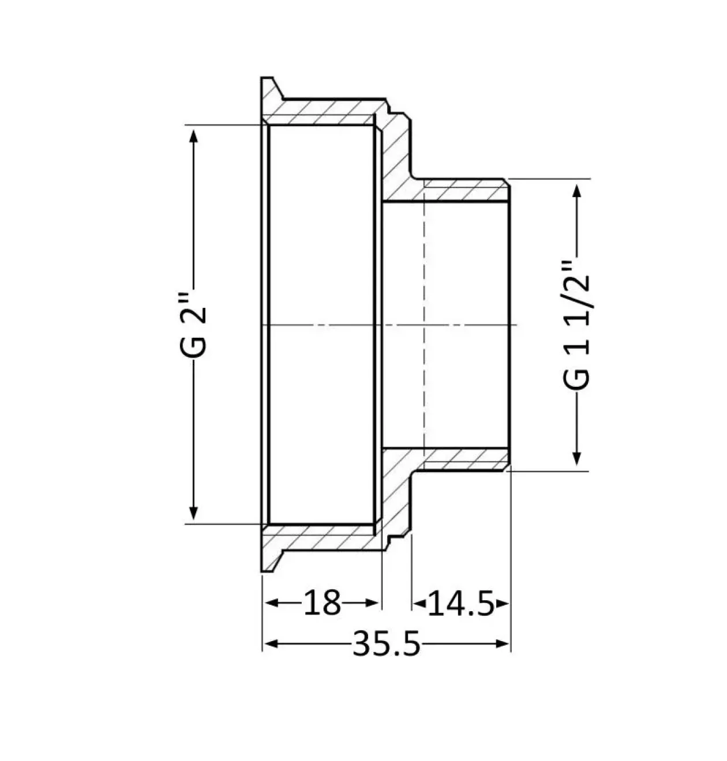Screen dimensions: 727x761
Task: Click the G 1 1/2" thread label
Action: tap(576, 325)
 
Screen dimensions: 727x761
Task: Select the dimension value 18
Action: tap(321, 602)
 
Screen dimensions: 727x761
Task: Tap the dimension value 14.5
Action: tap(461, 602)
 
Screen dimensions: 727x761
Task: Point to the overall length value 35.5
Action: tap(387, 644)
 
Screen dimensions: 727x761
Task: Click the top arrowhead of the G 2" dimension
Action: tap(194, 136)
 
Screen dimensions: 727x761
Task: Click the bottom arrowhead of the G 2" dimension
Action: tap(194, 513)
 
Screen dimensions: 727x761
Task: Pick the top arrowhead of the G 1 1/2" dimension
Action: tap(577, 191)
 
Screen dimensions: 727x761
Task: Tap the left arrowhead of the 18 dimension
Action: tap(272, 602)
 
